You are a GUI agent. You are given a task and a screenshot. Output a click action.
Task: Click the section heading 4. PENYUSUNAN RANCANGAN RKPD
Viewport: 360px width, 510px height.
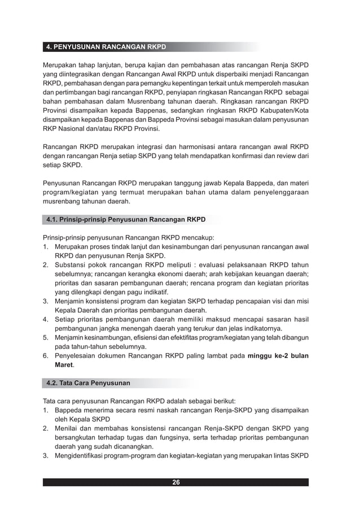click(x=106, y=46)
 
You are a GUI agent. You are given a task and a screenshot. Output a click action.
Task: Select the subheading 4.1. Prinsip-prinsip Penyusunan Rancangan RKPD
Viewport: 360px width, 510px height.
click(x=126, y=219)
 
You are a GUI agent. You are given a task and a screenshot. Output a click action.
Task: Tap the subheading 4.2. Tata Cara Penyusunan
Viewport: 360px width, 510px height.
click(x=88, y=383)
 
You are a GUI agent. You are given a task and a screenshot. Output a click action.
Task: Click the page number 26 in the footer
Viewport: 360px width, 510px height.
click(x=176, y=482)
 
